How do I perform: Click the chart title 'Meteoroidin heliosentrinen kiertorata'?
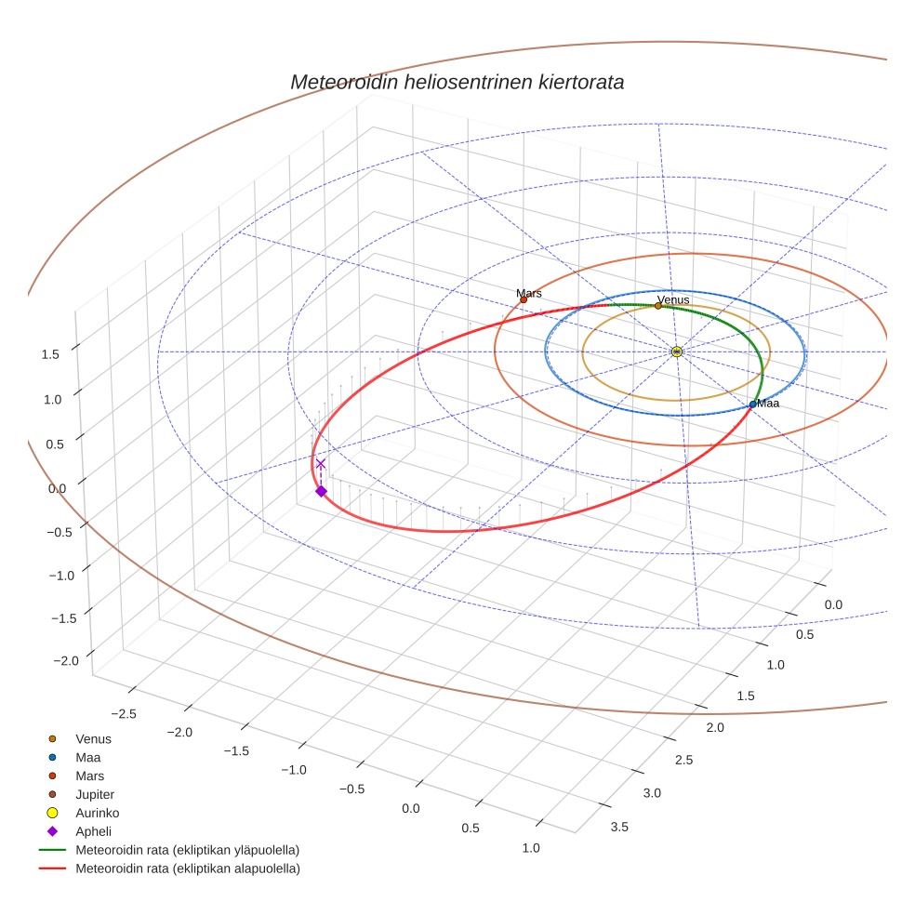pos(457,82)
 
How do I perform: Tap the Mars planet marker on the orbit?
pos(524,299)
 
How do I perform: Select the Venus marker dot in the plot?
pos(658,305)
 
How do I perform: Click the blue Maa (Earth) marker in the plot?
pos(753,404)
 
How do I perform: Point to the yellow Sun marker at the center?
pos(677,351)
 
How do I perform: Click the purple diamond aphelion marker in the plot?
pos(321,491)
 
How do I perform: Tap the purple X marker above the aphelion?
pos(321,463)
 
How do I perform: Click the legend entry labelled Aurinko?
pos(97,813)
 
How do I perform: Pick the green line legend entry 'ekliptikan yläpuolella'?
pos(187,850)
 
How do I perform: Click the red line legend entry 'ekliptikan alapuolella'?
pos(187,869)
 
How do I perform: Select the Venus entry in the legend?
pos(93,739)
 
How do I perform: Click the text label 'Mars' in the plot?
pos(529,293)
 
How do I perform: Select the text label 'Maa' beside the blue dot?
pos(768,403)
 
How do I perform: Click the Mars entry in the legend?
pos(89,776)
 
